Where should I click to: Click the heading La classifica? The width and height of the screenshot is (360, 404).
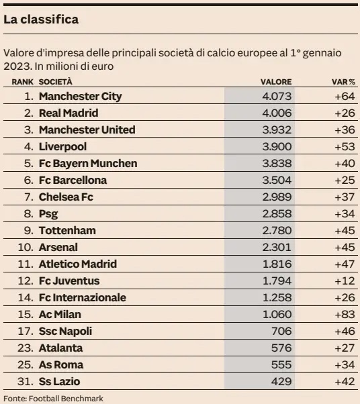pos(41,19)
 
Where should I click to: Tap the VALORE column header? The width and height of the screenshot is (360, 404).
pos(276,82)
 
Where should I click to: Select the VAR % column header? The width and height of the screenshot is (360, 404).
pos(343,82)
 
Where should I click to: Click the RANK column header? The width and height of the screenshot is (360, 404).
pos(22,82)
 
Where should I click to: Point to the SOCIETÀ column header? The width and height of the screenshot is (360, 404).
pos(56,82)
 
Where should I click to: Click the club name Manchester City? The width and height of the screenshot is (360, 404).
pos(80,97)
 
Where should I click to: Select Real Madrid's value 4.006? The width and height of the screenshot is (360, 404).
pos(277,113)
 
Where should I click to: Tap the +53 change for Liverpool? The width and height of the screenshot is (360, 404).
pos(345,146)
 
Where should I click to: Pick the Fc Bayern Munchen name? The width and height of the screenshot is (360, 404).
pos(88,164)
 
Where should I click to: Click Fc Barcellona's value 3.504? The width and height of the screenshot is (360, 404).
pos(277,180)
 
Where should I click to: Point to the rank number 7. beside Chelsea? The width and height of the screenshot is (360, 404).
pos(29,197)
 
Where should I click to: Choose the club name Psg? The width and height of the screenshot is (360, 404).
pos(48,214)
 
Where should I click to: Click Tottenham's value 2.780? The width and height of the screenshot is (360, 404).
pos(277,231)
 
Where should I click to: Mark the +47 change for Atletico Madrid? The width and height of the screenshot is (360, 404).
pos(345,264)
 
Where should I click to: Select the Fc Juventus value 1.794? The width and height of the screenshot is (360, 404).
pos(277,281)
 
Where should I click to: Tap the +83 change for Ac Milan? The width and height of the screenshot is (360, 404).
pos(345,314)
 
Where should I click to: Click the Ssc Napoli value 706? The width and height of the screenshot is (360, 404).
pos(281,331)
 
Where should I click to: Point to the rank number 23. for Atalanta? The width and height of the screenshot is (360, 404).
pos(26,348)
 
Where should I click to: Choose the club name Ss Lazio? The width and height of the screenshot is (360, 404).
pos(59,382)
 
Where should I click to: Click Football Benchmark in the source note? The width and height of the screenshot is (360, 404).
pos(66,399)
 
